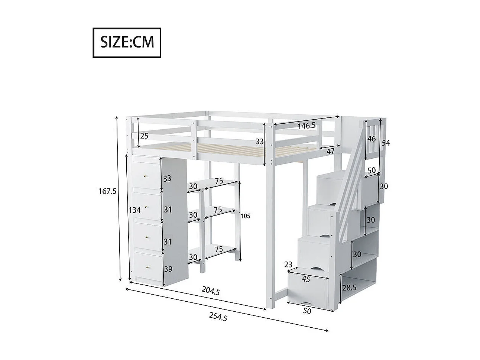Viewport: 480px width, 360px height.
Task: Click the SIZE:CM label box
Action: [127, 42]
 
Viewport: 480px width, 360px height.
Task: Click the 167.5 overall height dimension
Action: [108, 191]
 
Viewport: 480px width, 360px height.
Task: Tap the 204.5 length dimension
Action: [211, 291]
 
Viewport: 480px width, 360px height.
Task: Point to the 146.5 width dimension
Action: [307, 126]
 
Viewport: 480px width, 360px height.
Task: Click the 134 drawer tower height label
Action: [135, 210]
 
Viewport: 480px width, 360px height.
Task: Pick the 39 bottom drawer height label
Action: [168, 269]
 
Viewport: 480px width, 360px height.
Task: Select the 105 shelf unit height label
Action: [245, 216]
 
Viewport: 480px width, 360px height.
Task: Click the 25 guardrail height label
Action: [144, 136]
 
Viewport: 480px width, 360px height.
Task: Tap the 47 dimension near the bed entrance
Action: [331, 151]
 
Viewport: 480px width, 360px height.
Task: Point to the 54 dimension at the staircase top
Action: [386, 143]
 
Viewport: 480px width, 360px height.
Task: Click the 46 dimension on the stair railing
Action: [372, 139]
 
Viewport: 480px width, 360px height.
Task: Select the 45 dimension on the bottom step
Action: [306, 279]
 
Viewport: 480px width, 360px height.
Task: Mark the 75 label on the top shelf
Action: [218, 181]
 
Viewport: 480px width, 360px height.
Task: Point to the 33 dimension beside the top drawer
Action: [167, 178]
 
